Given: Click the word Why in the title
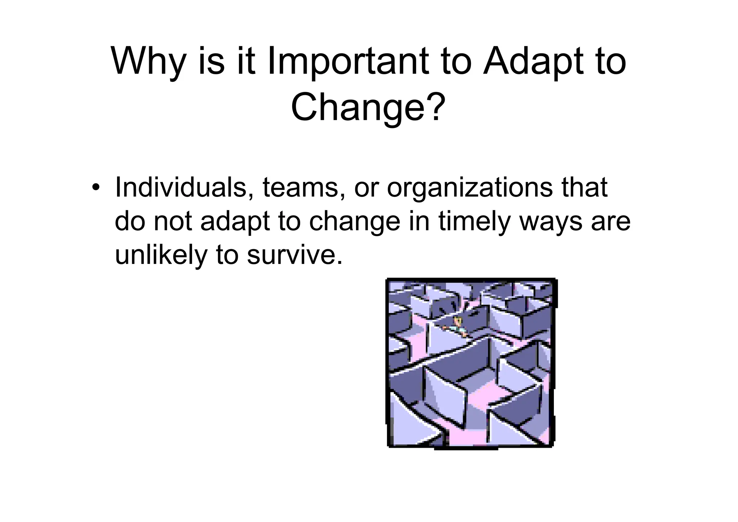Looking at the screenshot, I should [x=147, y=61].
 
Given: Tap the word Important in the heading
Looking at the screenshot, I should [x=348, y=61].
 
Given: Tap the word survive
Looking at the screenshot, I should [x=294, y=255].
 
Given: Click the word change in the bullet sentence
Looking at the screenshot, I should [x=355, y=221].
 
